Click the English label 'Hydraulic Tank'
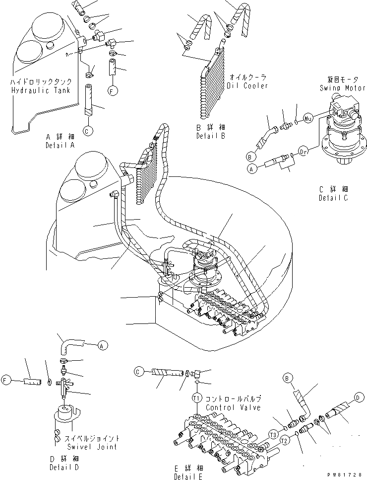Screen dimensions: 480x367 coord(40,90)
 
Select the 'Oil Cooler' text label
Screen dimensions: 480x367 coord(247,85)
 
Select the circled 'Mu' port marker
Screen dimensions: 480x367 coord(307,119)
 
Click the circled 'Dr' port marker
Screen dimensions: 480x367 coord(305,149)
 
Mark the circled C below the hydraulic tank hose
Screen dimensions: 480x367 coord(87,131)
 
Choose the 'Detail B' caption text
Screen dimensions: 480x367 coord(211,136)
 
